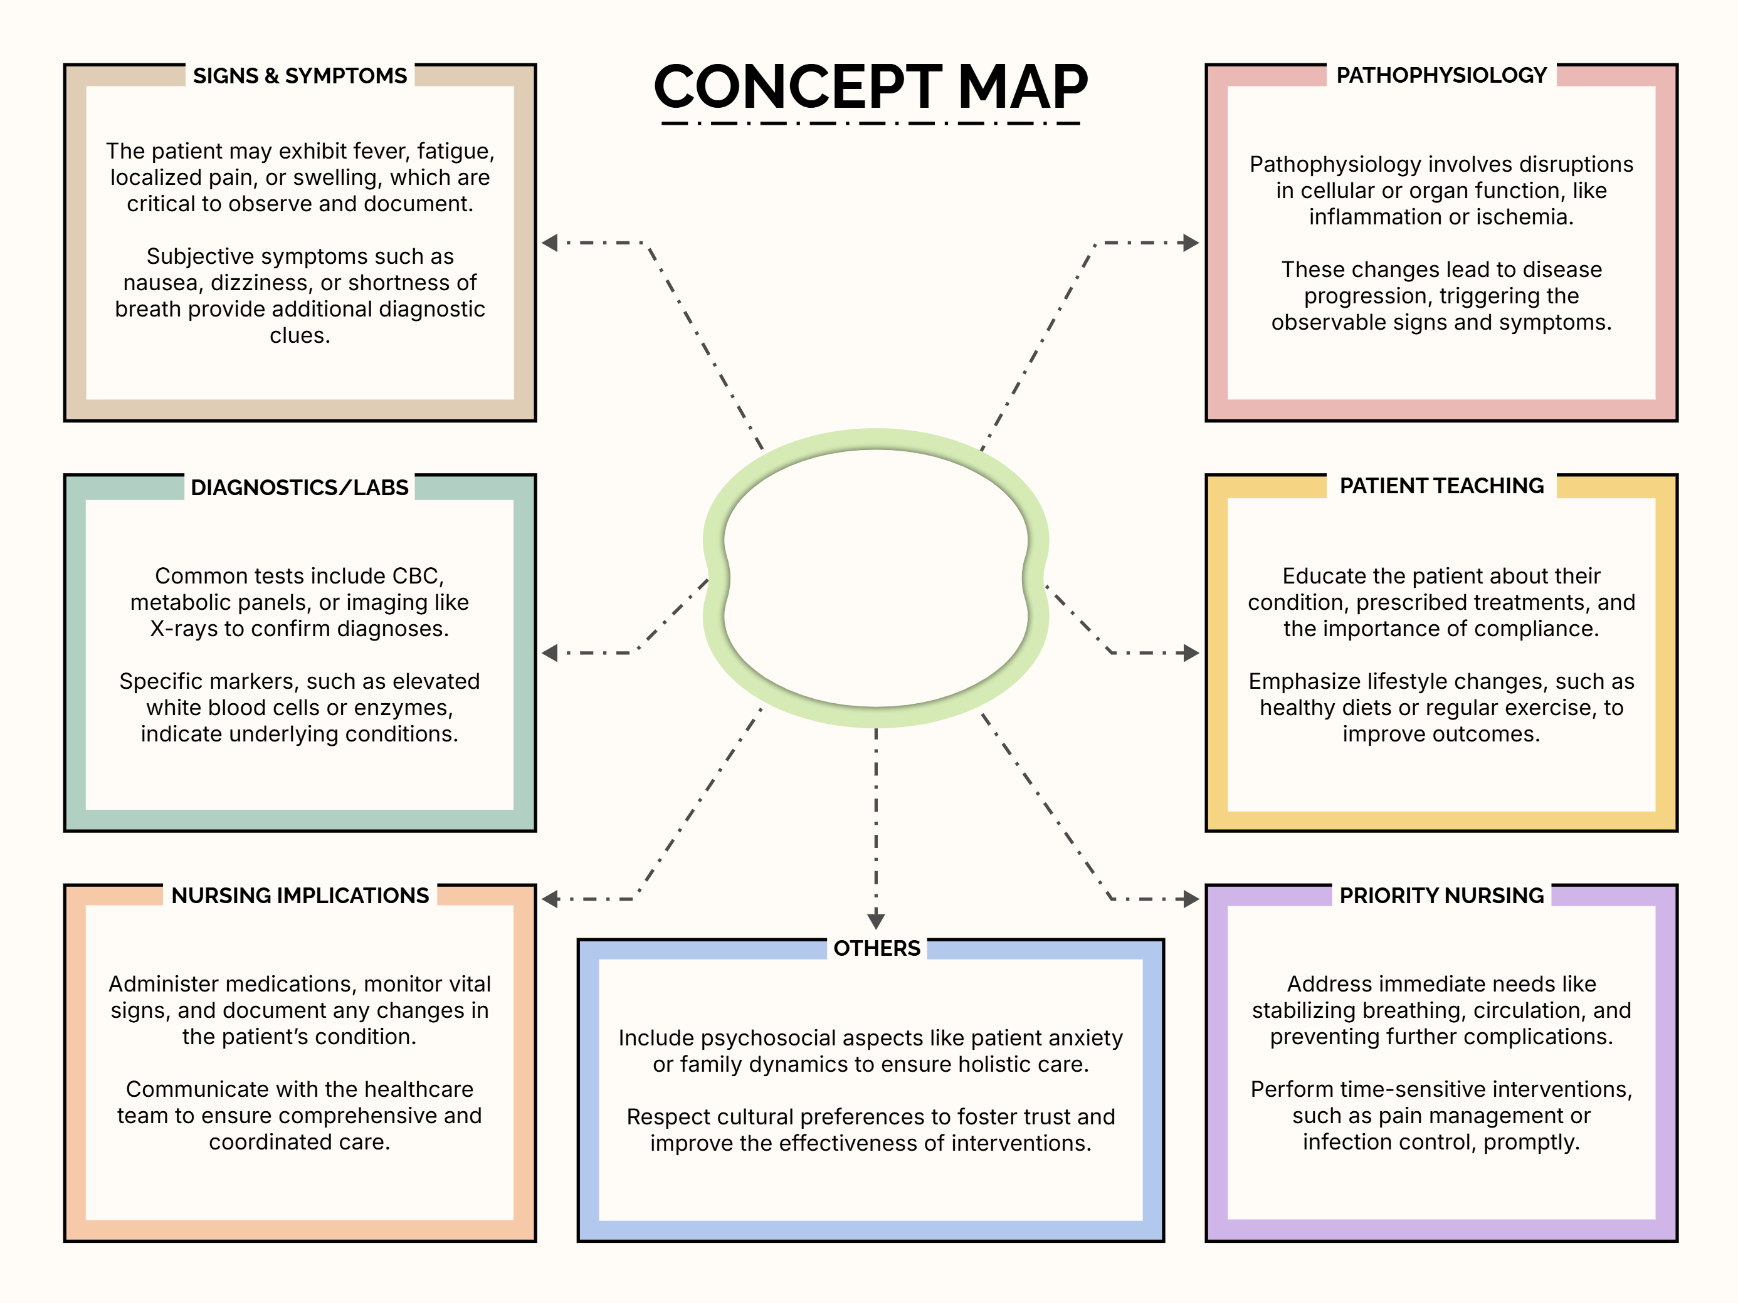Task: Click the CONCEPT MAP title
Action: click(871, 86)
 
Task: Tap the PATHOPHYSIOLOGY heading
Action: click(1441, 75)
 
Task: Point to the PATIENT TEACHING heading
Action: click(1441, 486)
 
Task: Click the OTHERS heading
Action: click(876, 949)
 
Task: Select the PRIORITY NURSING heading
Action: click(1441, 896)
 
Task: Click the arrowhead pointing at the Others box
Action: click(876, 921)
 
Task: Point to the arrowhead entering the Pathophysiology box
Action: click(1191, 243)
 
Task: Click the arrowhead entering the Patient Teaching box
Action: click(1191, 652)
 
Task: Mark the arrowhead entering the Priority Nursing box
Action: click(1191, 899)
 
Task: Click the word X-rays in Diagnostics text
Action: click(181, 629)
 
